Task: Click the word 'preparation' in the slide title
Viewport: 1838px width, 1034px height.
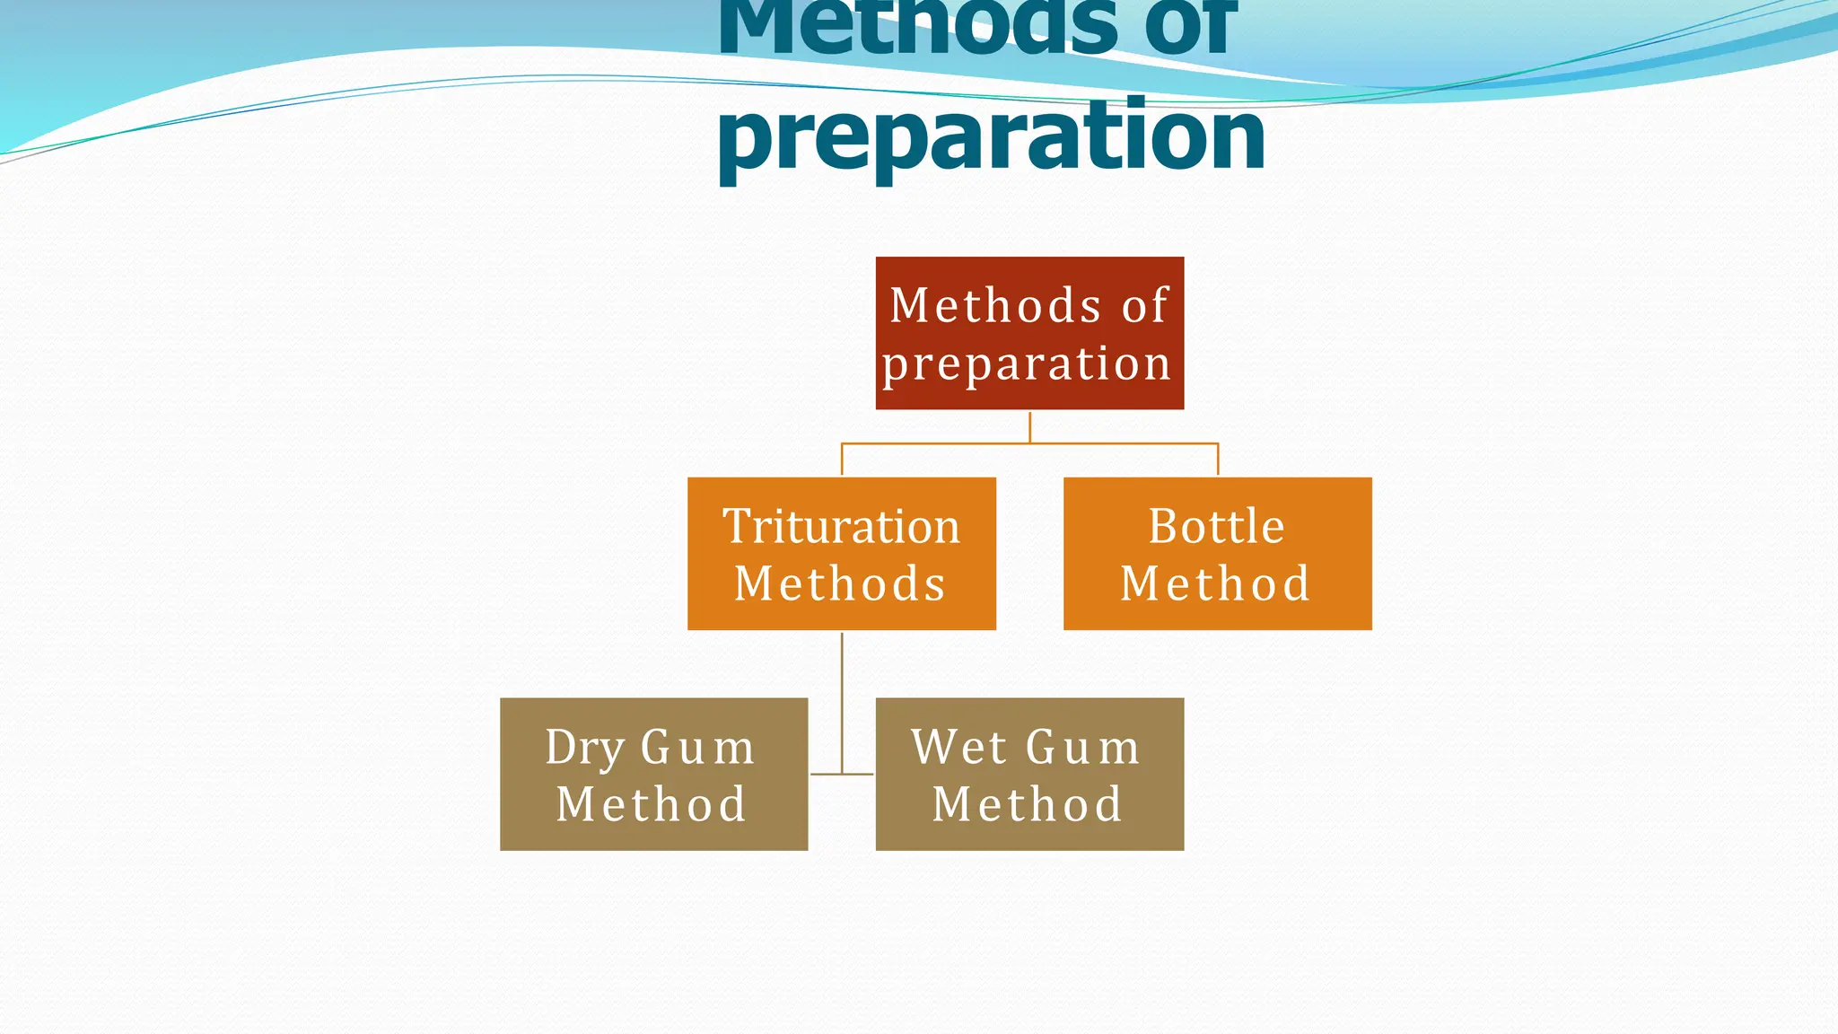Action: (991, 136)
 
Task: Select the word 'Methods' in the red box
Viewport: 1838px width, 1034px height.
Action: (994, 305)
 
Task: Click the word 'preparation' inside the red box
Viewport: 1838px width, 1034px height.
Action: (1027, 364)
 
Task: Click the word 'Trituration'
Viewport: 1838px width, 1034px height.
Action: (841, 526)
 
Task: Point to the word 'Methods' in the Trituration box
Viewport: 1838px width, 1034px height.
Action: (840, 583)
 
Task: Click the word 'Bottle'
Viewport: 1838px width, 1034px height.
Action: (1216, 526)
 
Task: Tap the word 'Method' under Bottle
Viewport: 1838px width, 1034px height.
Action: (1215, 583)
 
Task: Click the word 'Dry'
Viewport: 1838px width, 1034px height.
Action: (585, 748)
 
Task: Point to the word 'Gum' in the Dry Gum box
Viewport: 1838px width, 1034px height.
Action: (697, 747)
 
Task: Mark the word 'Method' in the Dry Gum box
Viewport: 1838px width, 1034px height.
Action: (651, 804)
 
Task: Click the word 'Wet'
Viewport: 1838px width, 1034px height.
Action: (958, 747)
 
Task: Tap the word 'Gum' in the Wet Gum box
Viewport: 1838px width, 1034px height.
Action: (1082, 747)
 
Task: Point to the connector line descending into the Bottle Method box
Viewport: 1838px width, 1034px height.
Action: (1218, 460)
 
